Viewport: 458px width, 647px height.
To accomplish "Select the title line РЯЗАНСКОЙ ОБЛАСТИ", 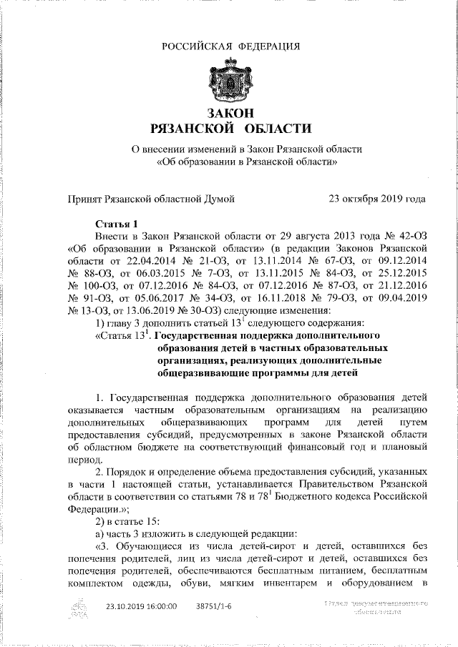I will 230,129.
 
